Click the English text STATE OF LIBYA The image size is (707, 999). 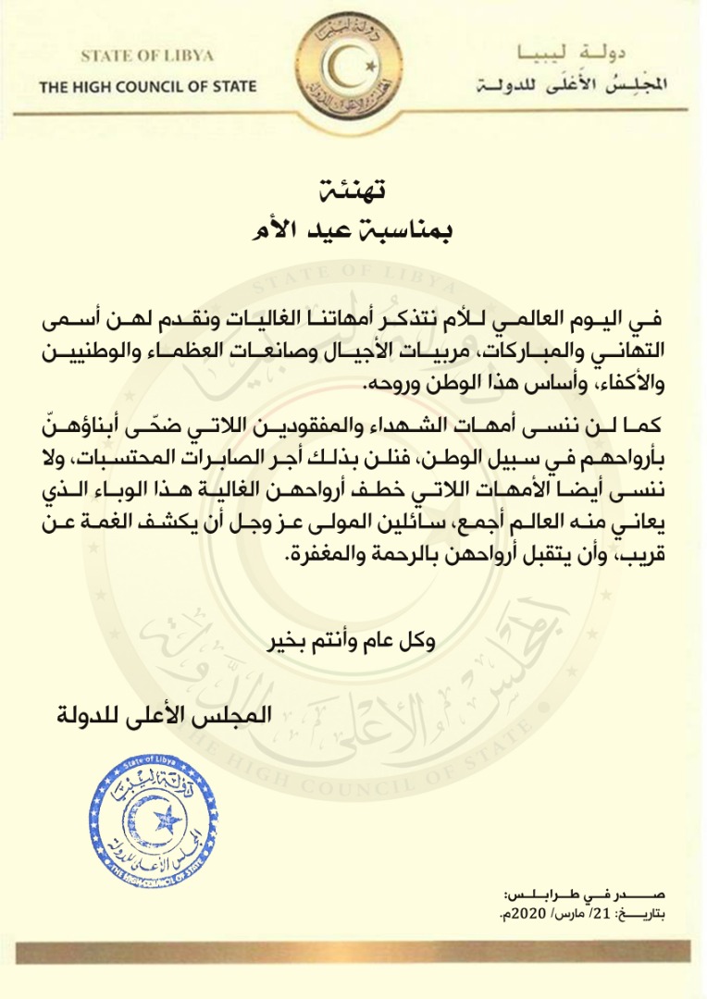[147, 55]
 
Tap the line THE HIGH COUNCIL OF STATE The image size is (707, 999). [147, 87]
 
